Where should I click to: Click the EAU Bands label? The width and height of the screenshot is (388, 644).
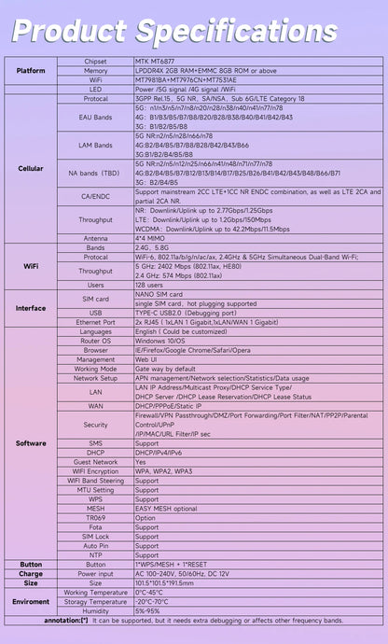pyautogui.click(x=95, y=118)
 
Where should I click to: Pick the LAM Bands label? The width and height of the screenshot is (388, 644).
pyautogui.click(x=95, y=146)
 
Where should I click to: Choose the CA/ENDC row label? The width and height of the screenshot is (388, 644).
pyautogui.click(x=95, y=196)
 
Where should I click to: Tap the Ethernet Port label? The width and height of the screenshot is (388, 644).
pyautogui.click(x=95, y=321)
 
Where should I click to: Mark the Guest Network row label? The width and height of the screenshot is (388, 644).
pyautogui.click(x=95, y=461)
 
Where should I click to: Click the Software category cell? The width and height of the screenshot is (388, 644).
pyautogui.click(x=30, y=443)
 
